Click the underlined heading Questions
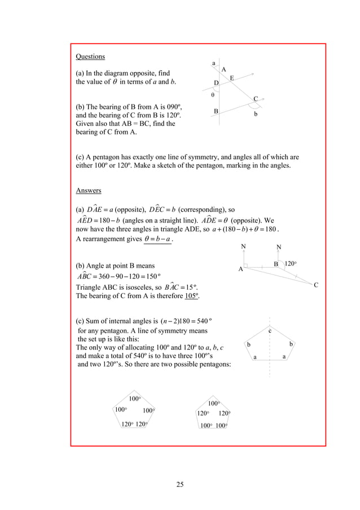point(90,56)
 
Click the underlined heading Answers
point(89,190)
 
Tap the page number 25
point(180,483)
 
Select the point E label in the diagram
point(232,77)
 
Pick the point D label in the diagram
point(216,84)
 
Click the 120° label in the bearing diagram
point(291,264)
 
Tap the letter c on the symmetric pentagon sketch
point(270,330)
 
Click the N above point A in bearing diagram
point(243,247)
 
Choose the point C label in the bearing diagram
point(316,285)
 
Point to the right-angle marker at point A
point(247,265)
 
